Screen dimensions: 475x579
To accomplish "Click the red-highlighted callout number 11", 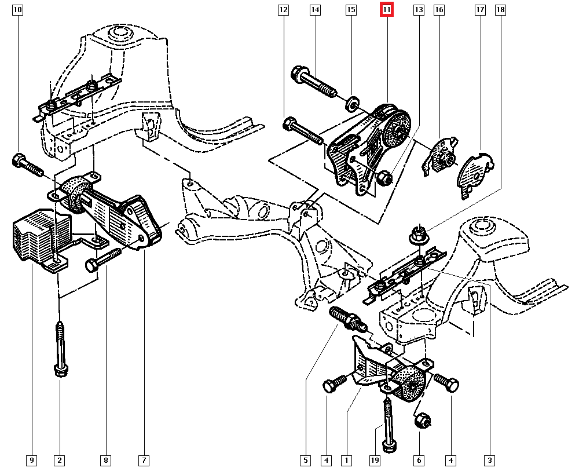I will click(x=386, y=10).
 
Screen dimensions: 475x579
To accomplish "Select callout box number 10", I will click(x=18, y=10).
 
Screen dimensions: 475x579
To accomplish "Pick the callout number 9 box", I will click(x=32, y=461).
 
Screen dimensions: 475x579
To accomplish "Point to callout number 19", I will click(x=375, y=461).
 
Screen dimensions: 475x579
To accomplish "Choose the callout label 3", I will click(x=490, y=461).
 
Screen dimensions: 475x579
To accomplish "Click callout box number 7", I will click(x=143, y=461).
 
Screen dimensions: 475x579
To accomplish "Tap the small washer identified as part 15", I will click(x=351, y=105).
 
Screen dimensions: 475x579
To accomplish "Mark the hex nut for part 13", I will click(x=383, y=178).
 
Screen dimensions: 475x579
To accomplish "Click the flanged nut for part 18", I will click(x=417, y=235).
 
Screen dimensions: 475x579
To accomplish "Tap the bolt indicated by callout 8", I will click(x=102, y=260).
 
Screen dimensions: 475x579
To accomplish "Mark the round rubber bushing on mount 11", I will click(x=397, y=129).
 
